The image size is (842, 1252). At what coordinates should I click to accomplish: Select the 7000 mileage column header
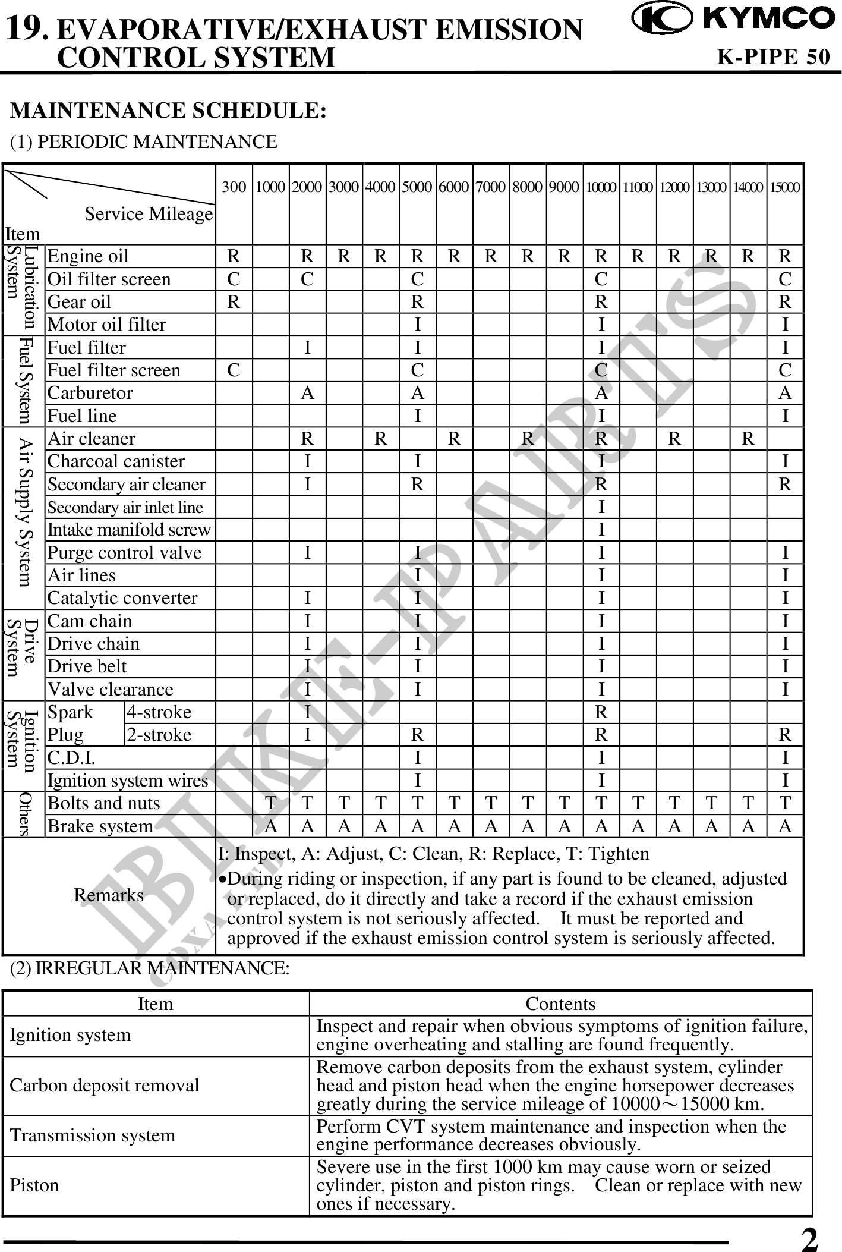491,187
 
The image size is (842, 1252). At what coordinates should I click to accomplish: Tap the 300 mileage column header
234,187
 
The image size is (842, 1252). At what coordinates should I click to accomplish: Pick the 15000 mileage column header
785,187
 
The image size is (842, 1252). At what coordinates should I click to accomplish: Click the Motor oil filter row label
107,325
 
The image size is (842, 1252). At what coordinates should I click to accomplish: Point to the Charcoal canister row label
116,461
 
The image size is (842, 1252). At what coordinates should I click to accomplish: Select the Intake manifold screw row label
129,529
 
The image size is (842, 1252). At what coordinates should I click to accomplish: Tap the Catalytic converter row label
122,598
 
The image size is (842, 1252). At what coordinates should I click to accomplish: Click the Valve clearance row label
111,690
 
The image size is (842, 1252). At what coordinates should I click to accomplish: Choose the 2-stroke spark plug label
159,735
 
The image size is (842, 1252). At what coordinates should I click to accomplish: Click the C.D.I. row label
71,758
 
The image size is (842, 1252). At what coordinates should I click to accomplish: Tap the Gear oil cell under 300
234,302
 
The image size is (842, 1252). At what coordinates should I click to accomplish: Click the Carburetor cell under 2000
307,393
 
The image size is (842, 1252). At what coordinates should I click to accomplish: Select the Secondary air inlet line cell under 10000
601,507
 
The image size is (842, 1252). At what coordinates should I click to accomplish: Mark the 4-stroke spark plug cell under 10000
601,712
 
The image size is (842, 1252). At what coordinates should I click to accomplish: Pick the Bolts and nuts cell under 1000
271,803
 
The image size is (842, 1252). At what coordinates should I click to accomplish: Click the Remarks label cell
109,895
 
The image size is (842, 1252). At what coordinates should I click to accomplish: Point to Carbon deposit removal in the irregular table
105,1086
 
